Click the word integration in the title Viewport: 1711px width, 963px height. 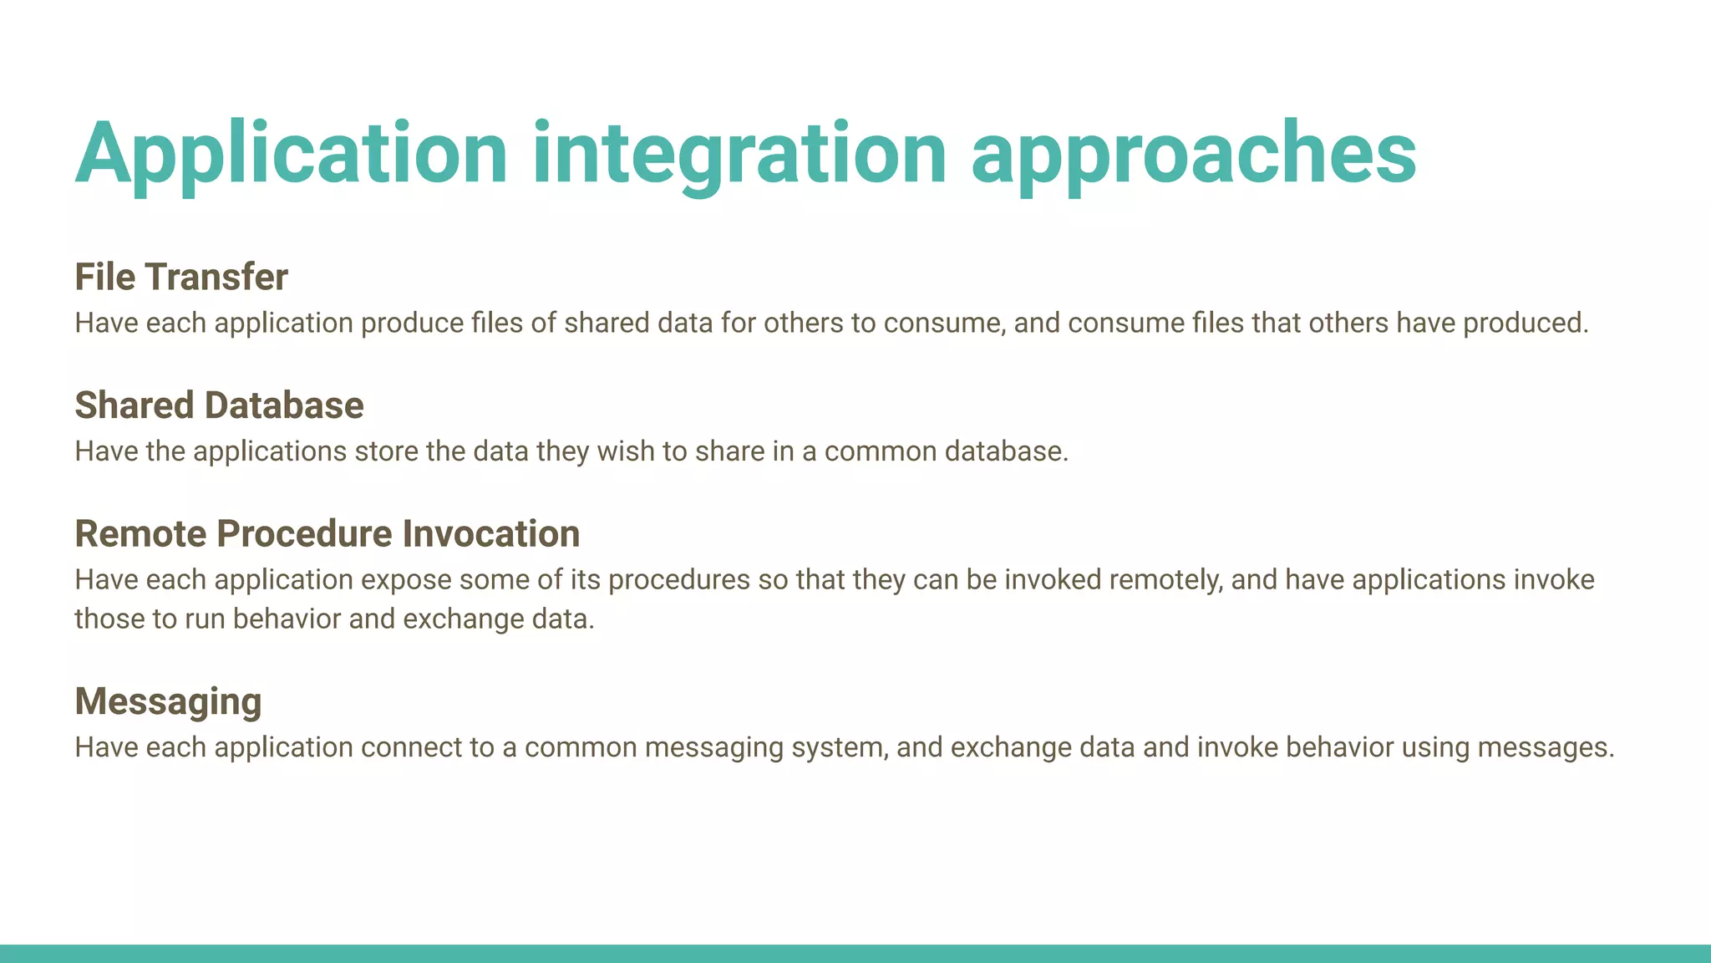tap(739, 154)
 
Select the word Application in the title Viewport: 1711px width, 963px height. tap(291, 154)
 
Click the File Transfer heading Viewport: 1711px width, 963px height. tap(181, 278)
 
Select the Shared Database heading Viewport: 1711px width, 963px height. tap(219, 405)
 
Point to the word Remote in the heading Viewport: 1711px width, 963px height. tap(140, 534)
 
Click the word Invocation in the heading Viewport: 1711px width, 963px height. tap(490, 534)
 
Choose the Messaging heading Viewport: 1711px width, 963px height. tap(168, 701)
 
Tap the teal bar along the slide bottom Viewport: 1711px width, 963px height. tap(855, 953)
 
